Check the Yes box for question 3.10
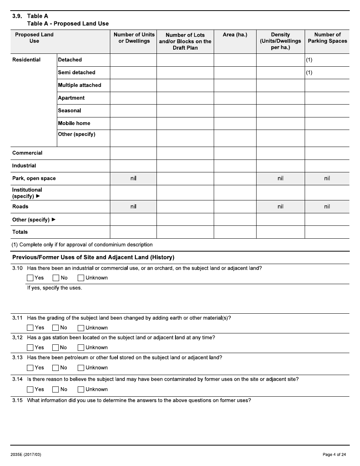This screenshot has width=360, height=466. [x=30, y=278]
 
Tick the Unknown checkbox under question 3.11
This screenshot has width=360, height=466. [x=81, y=328]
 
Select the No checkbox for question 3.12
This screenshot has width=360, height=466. [x=56, y=347]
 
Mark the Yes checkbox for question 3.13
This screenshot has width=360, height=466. [x=30, y=367]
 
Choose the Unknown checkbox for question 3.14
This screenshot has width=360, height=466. [x=81, y=389]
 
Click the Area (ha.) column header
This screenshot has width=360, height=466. [x=235, y=35]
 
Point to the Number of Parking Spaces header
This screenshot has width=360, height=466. [x=327, y=38]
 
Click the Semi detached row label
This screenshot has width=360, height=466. [x=77, y=72]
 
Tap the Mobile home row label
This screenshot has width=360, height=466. [x=74, y=123]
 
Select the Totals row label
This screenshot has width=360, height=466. [x=20, y=232]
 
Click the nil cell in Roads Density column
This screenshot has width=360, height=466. [x=280, y=206]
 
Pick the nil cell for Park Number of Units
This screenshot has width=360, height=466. [x=133, y=178]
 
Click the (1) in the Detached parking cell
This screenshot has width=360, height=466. [x=309, y=60]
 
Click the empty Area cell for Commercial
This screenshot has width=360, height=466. [x=235, y=153]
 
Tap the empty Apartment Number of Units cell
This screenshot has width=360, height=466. [x=133, y=98]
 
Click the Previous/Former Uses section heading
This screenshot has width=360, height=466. [x=93, y=257]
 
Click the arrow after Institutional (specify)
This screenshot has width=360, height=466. [x=38, y=196]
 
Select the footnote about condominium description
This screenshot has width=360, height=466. [x=82, y=245]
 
